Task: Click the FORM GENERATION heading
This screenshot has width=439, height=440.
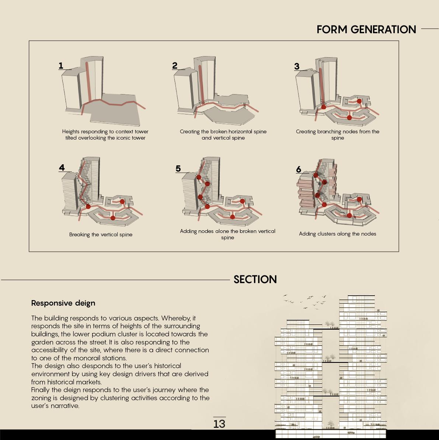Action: (x=366, y=30)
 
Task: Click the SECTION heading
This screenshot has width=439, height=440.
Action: (x=255, y=279)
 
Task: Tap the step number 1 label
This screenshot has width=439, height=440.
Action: (x=61, y=66)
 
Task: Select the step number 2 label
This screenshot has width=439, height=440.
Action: (x=175, y=66)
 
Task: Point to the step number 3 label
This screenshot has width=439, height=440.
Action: (x=297, y=66)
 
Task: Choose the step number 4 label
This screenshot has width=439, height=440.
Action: (x=62, y=168)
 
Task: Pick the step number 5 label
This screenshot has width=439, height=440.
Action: (x=178, y=169)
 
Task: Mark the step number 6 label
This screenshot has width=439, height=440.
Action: (x=299, y=169)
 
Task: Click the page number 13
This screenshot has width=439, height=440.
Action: (x=219, y=424)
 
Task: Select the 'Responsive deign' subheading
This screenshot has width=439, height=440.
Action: (x=63, y=303)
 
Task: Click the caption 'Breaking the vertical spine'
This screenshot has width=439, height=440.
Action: (x=101, y=234)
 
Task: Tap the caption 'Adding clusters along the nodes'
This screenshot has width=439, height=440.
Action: (x=337, y=234)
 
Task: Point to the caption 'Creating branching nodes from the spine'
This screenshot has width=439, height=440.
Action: (x=337, y=134)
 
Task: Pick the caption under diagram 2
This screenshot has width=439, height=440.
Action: (x=223, y=134)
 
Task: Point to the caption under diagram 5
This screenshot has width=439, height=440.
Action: (x=227, y=234)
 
